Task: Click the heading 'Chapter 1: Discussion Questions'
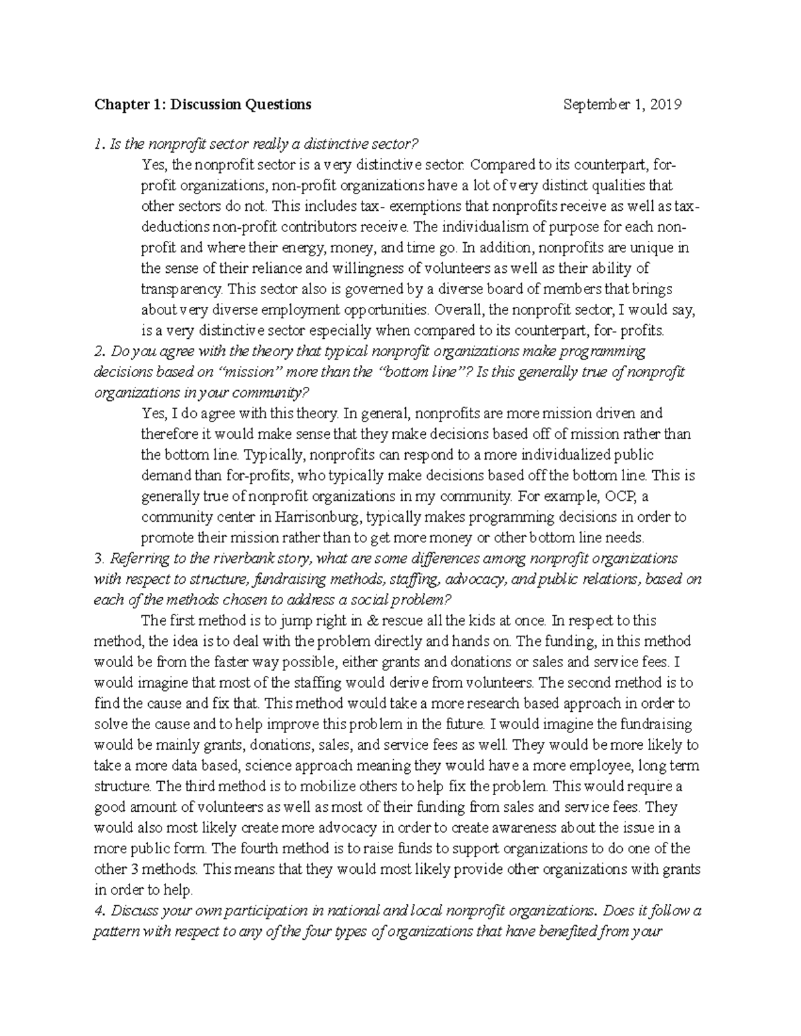click(202, 104)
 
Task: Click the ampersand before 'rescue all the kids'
click(373, 620)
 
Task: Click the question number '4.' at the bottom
click(99, 911)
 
